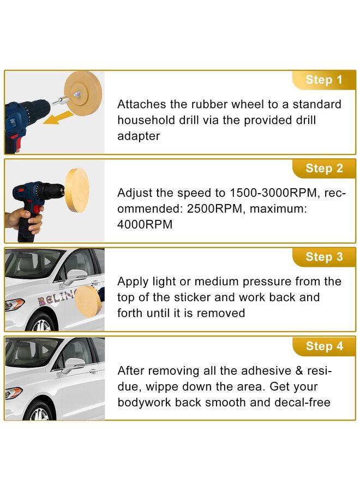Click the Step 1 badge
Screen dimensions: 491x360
click(x=323, y=80)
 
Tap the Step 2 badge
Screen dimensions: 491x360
click(x=324, y=169)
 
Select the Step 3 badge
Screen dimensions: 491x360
click(x=324, y=257)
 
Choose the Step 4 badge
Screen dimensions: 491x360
click(x=324, y=346)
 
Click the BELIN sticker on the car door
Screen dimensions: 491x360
click(x=55, y=298)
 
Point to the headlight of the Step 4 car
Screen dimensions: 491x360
click(x=14, y=392)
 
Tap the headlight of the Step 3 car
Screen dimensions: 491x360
click(x=14, y=304)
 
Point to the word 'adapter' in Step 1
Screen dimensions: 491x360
click(x=139, y=136)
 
